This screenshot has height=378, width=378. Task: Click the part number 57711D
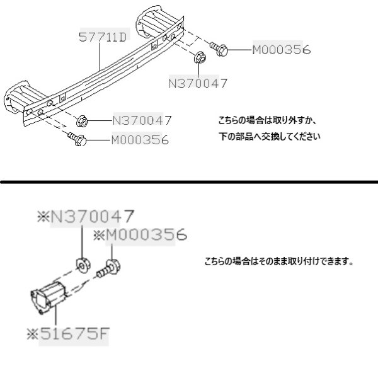pos(103,37)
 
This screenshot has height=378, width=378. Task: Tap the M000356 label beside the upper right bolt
pos(282,50)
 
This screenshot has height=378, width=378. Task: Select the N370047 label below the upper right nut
pos(197,83)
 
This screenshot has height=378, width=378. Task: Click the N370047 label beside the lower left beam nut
pos(142,120)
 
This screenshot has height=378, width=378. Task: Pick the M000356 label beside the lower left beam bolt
pos(140,140)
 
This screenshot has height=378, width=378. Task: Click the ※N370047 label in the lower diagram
pos(86,216)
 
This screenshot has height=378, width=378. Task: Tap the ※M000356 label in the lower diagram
pos(140,234)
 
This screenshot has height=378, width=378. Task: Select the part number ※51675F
pos(68,334)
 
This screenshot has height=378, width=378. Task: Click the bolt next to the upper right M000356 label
pos(219,49)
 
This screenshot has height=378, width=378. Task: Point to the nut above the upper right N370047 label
pos(200,57)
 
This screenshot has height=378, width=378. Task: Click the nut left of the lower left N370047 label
pos(82,121)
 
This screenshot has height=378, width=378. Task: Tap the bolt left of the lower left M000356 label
pos(77,139)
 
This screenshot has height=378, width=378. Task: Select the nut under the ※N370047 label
pos(83,265)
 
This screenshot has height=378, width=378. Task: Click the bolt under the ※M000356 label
pos(109,268)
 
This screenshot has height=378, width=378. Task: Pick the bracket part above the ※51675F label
pos(49,298)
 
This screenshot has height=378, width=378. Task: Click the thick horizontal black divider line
pos(189,182)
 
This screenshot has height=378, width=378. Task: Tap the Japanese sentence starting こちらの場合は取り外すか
pos(267,120)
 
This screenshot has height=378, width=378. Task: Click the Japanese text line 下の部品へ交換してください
pos(270,137)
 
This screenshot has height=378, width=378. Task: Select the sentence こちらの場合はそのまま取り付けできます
pos(279,261)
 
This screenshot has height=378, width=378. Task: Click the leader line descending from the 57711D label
pos(100,57)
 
